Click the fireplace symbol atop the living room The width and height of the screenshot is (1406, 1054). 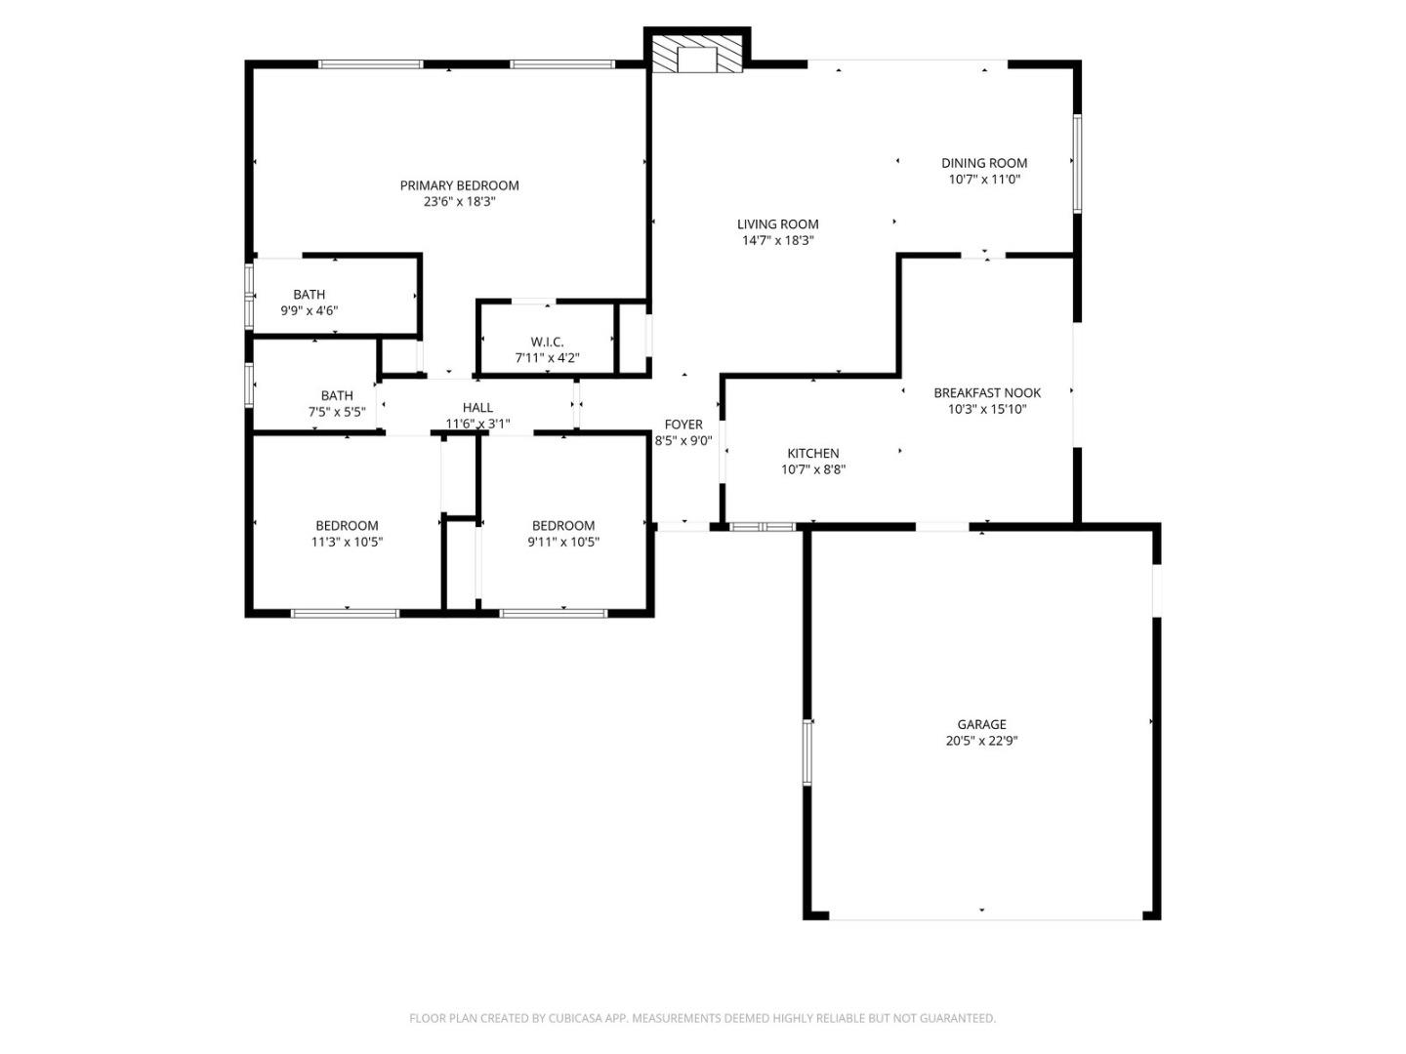point(697,57)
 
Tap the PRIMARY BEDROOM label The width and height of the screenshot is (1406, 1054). point(459,185)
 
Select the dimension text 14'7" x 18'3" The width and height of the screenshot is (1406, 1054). point(777,240)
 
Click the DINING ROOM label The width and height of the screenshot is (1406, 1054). point(984,163)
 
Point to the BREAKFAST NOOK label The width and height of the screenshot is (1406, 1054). point(987,392)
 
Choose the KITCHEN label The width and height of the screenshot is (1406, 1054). point(813,453)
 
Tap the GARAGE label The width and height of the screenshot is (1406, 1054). point(981,724)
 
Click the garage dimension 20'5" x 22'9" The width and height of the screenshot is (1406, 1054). point(981,741)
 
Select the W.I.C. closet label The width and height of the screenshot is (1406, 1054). point(547,342)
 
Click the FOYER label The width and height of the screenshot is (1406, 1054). point(683,425)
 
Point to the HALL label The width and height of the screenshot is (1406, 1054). point(477,408)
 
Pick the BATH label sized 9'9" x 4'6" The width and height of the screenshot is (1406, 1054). point(310,295)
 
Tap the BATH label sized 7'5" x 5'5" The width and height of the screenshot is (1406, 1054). point(337,395)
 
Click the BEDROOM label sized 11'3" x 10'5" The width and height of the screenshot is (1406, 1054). point(347,526)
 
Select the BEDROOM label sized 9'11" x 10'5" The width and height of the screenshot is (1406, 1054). point(563,526)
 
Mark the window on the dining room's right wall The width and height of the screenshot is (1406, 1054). point(1077,163)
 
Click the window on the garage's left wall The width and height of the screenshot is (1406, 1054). point(807,751)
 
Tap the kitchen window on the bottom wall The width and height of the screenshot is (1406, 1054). point(765,527)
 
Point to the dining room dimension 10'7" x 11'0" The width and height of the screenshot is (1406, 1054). point(984,180)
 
